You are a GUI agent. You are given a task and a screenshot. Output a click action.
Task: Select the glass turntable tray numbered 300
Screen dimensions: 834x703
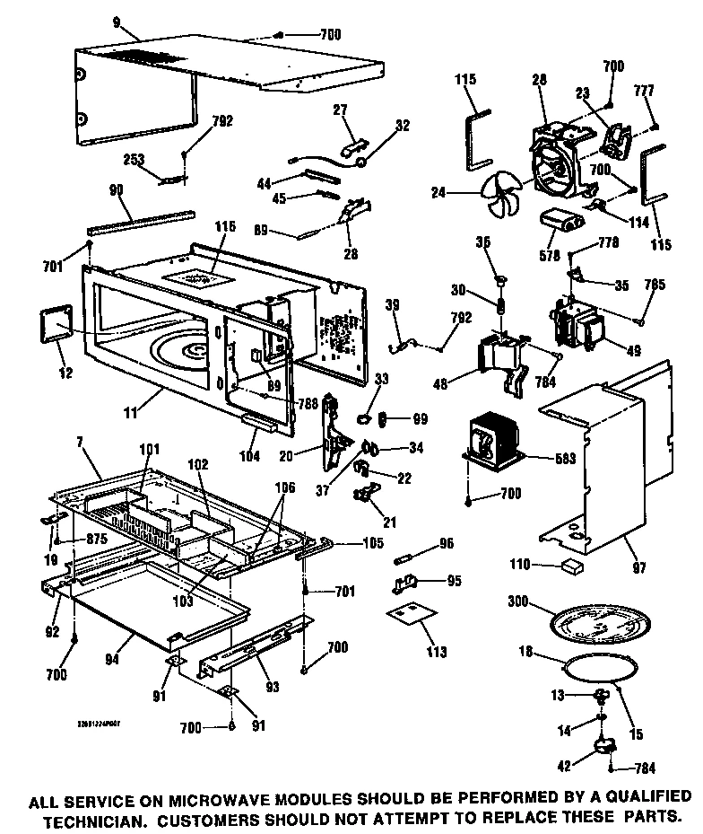coord(595,622)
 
